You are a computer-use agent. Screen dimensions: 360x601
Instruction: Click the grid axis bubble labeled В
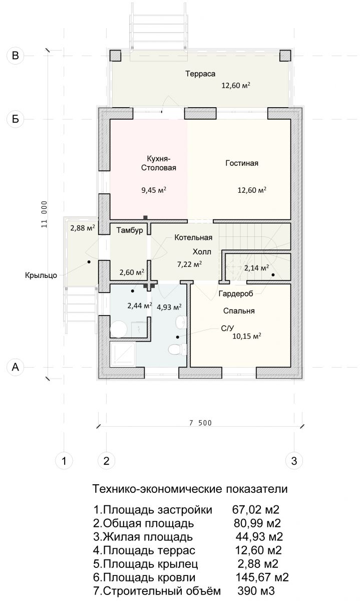[16, 56]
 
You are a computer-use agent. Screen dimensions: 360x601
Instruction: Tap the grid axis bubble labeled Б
[16, 119]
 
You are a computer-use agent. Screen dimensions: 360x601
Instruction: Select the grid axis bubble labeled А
[16, 367]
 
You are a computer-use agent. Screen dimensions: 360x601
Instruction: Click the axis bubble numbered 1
[64, 461]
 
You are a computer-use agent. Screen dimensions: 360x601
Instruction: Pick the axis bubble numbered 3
[294, 461]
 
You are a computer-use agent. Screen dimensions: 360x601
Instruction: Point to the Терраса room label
[200, 74]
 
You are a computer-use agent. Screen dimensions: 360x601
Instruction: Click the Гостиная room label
[242, 163]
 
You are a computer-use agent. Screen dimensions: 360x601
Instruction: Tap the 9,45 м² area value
[154, 190]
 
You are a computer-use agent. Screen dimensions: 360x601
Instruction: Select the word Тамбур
[130, 230]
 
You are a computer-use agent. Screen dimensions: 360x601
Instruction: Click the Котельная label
[193, 237]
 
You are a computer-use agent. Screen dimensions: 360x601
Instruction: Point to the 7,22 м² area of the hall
[189, 264]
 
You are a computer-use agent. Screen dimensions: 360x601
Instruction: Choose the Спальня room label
[239, 311]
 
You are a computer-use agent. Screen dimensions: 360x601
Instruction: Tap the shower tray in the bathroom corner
[123, 354]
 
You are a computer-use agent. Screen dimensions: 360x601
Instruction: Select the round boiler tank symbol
[119, 330]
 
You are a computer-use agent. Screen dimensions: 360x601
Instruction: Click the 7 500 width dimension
[201, 423]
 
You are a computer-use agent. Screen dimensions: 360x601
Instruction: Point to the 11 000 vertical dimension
[44, 214]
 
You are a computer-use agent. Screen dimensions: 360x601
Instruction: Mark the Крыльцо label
[41, 275]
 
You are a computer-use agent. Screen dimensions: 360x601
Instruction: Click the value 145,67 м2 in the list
[262, 577]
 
